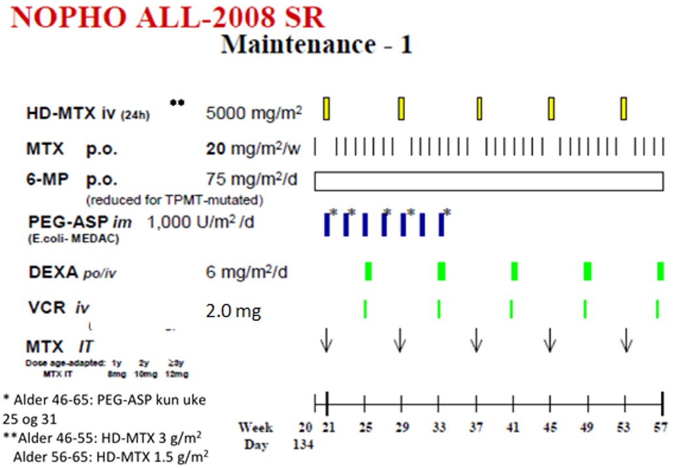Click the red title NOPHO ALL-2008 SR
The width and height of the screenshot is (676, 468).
tap(167, 18)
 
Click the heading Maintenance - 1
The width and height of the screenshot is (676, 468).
tap(317, 44)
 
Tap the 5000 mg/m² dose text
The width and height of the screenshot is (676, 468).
tap(254, 113)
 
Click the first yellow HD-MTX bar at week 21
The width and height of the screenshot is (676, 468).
tap(327, 108)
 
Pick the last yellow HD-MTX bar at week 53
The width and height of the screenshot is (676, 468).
tap(624, 108)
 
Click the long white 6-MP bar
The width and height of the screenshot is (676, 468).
tap(489, 181)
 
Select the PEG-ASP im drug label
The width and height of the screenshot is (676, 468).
tap(80, 223)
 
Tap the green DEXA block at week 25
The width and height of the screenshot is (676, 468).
tap(368, 270)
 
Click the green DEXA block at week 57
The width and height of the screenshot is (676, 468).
tap(660, 270)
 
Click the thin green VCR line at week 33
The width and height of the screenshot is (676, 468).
tap(439, 308)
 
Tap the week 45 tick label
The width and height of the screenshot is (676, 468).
tap(551, 428)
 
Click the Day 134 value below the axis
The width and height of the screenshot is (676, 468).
tap(302, 445)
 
